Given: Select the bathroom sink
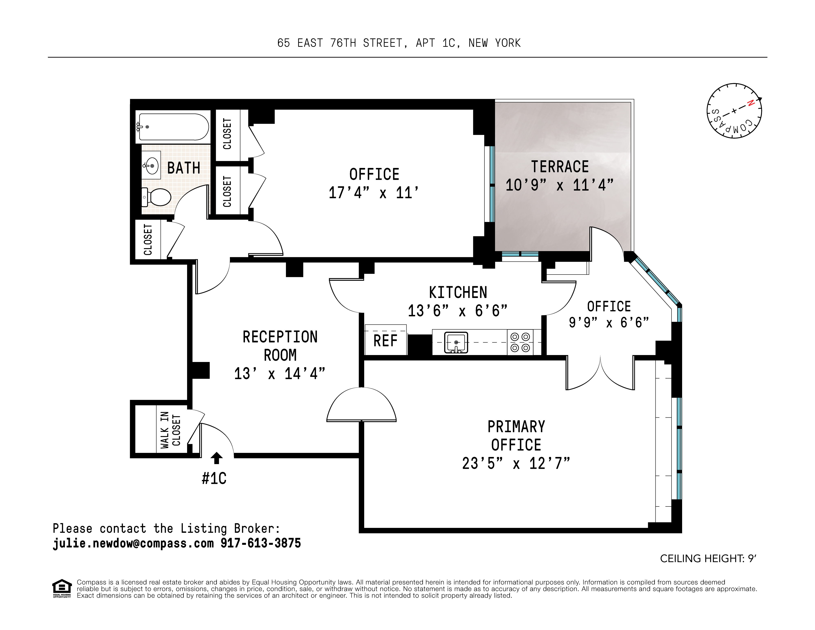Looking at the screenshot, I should click(x=151, y=165).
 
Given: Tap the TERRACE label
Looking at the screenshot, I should click(x=560, y=167).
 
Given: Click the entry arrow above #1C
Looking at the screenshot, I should click(x=216, y=458).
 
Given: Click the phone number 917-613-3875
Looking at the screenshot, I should click(x=260, y=543).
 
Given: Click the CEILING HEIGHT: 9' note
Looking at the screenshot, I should click(x=708, y=559).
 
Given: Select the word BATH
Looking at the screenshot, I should click(x=184, y=168).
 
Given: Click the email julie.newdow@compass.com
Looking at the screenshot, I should click(x=133, y=543).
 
